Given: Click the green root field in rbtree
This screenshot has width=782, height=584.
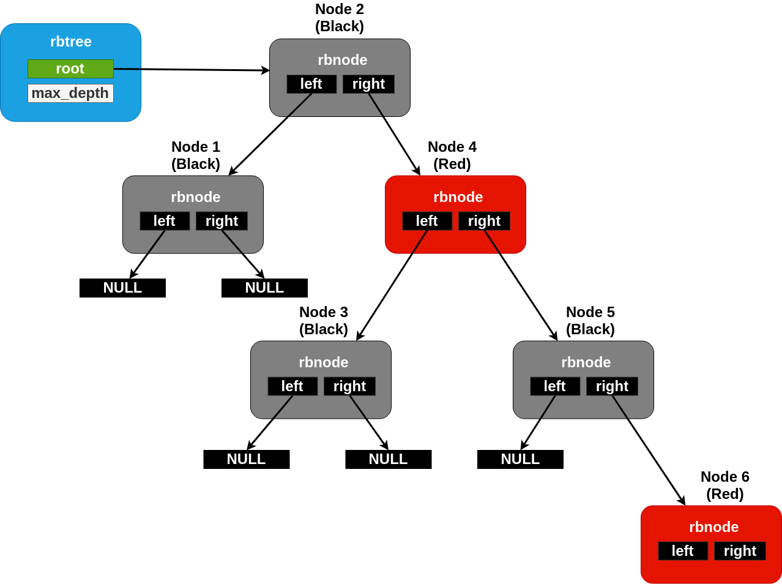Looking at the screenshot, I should tap(70, 69).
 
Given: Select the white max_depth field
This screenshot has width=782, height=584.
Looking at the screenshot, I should tap(70, 93).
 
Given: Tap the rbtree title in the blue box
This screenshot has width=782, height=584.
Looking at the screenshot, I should tap(70, 42).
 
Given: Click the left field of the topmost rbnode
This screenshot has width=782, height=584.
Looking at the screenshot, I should tap(311, 84).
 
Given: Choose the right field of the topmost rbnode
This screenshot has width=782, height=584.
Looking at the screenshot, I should tap(368, 84).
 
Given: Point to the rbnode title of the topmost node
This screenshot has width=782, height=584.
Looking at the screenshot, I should tap(342, 60).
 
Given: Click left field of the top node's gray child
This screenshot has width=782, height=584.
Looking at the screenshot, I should tap(165, 221).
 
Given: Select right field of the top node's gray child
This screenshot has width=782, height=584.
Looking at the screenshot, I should tap(222, 221).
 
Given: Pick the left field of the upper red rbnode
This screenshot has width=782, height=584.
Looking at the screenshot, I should tap(427, 221).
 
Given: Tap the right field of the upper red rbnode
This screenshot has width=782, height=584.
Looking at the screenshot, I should tap(484, 221).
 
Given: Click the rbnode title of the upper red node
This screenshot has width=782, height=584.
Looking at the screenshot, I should tap(458, 197).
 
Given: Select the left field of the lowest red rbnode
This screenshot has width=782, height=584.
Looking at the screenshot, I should tap(683, 551).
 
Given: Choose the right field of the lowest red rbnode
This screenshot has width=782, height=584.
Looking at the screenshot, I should tap(740, 551).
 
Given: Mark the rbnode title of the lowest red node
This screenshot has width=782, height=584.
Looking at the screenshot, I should tap(713, 527).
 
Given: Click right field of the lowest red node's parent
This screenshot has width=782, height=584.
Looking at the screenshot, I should tap(612, 386).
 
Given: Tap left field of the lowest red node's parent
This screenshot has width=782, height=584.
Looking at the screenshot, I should tap(555, 386).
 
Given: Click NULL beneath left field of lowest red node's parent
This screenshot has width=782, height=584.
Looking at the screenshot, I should tap(520, 459).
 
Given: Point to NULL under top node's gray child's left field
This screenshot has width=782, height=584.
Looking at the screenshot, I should tap(122, 288).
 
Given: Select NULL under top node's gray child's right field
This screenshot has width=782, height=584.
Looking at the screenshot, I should tap(264, 288).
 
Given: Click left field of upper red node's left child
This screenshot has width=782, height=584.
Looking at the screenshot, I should tap(292, 386).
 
